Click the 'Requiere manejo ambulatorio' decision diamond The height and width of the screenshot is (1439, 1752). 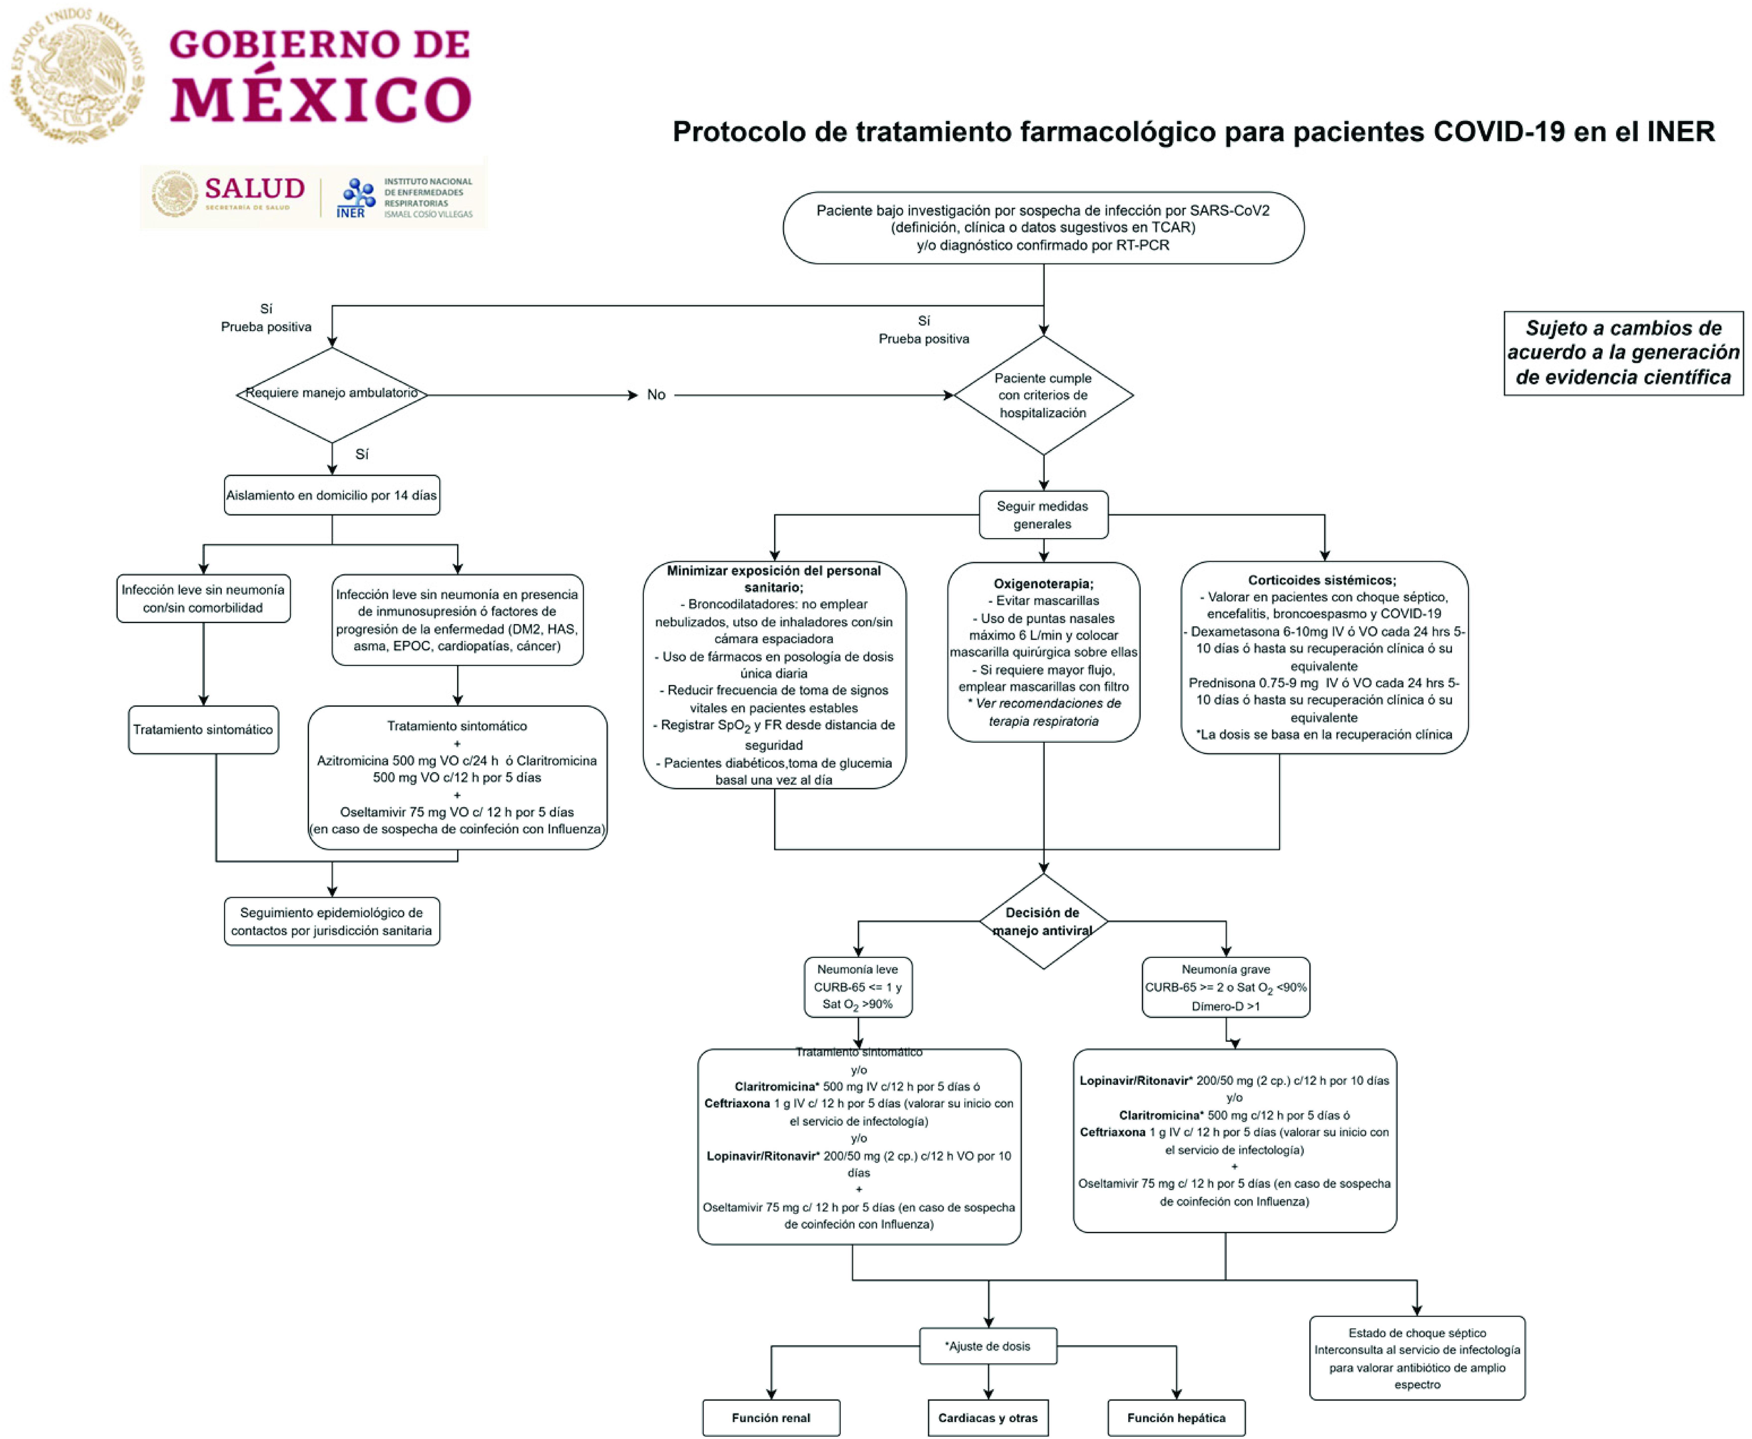point(332,395)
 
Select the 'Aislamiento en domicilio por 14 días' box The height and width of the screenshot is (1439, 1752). point(332,495)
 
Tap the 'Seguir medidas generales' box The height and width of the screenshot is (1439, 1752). point(1043,515)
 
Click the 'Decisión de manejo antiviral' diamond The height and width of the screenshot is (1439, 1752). point(1043,921)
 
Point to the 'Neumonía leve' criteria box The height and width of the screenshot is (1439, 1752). point(858,987)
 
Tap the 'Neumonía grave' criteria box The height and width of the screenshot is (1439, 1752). point(1225,987)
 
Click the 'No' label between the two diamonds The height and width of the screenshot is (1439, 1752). point(656,395)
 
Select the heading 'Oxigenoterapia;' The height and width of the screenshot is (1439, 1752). point(1043,583)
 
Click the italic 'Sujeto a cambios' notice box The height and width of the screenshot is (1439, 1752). point(1624,353)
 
